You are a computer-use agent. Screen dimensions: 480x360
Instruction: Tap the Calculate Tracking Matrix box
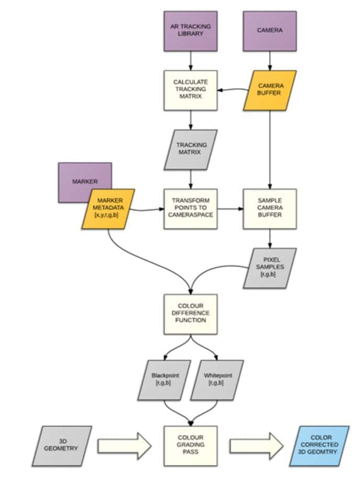tap(190, 90)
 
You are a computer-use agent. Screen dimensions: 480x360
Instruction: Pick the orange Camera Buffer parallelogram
tap(269, 90)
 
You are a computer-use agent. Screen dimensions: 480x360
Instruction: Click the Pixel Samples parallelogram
tap(270, 268)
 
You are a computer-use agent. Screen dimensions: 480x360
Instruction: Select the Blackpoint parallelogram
tap(163, 380)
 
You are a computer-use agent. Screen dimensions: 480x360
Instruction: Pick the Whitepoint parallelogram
tap(217, 380)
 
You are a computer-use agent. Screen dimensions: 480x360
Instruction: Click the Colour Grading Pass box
tap(190, 446)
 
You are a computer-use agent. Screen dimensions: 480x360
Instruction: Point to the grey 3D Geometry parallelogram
tap(62, 446)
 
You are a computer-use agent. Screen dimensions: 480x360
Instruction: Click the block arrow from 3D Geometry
tap(125, 446)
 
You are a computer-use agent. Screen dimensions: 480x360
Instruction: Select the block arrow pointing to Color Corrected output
tap(256, 446)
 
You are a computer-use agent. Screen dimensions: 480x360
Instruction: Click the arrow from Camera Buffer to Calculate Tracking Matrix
tap(233, 90)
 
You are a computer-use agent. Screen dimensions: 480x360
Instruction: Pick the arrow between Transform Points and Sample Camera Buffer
tap(230, 210)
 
